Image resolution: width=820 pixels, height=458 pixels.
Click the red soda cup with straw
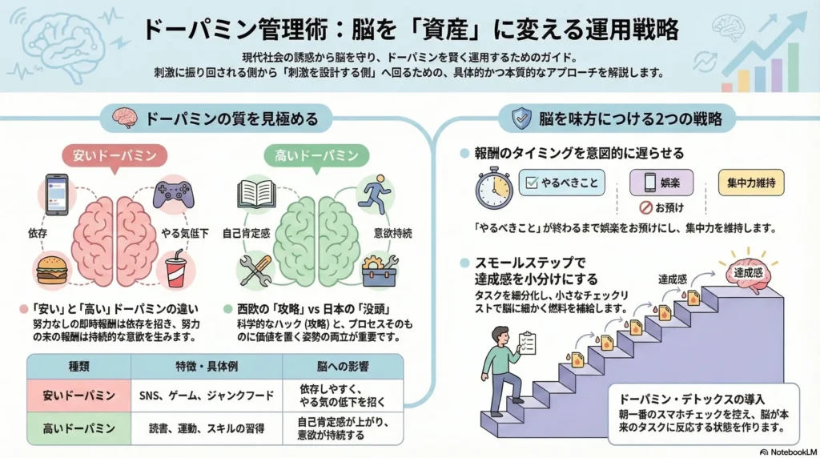pos(175,270)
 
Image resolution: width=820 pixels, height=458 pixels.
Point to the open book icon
pos(257,195)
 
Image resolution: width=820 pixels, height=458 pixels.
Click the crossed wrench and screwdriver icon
pos(257,269)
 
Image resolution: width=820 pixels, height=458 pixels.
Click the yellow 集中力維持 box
pos(751,183)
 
